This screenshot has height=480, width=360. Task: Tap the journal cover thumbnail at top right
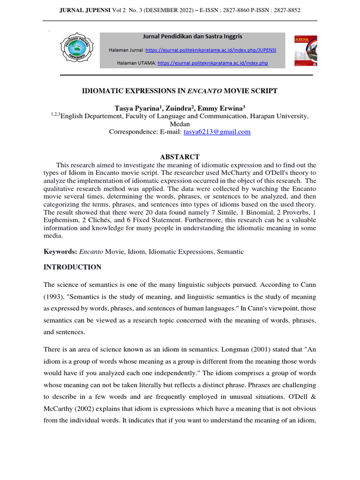click(x=305, y=50)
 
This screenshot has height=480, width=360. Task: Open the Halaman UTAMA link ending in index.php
click(x=213, y=63)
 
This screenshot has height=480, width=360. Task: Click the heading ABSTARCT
click(x=180, y=157)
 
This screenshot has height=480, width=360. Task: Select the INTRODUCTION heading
click(x=72, y=267)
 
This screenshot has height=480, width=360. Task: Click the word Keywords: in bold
click(x=60, y=252)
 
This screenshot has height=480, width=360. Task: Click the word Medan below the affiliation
click(x=180, y=124)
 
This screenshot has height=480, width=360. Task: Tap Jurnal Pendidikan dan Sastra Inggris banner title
click(x=193, y=36)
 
